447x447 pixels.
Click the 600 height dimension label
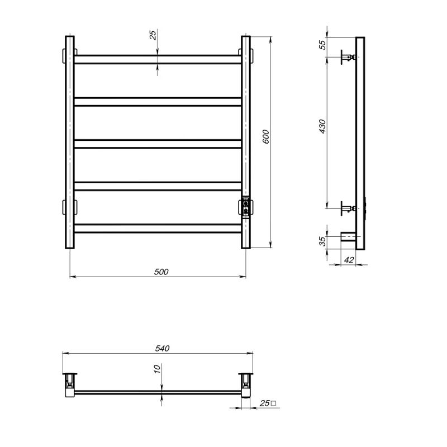tap(265, 137)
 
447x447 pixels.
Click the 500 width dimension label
tap(161, 272)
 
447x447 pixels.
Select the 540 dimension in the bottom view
tap(162, 348)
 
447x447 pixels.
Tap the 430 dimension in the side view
tap(322, 126)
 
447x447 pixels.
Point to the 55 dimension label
tap(322, 45)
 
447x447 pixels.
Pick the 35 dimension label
tap(322, 241)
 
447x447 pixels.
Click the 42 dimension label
tap(349, 260)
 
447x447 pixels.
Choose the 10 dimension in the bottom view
tap(157, 369)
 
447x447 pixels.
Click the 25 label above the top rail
tap(153, 35)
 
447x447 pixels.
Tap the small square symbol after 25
tap(273, 403)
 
